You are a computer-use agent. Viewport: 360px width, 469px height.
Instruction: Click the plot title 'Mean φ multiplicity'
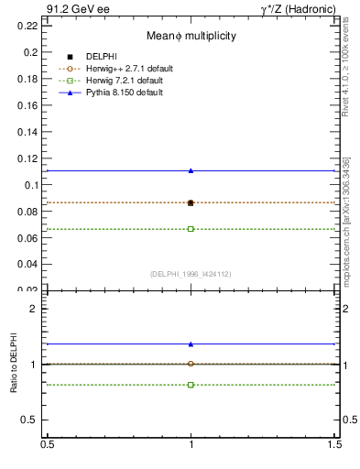[x=191, y=36]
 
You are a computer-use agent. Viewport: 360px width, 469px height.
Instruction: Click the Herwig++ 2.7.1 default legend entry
[x=128, y=68]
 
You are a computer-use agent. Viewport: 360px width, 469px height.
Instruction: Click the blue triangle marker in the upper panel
[x=191, y=170]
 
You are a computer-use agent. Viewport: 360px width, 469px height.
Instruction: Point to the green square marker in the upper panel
[x=191, y=229]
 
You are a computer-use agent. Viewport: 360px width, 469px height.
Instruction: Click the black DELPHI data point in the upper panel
[x=191, y=202]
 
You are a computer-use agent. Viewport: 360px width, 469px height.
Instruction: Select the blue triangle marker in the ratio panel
[x=191, y=344]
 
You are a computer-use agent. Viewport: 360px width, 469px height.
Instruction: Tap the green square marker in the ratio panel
[x=191, y=385]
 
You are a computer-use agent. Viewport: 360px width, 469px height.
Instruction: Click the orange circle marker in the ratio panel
[x=191, y=364]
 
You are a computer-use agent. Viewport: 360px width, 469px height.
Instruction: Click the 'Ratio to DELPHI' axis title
[x=13, y=365]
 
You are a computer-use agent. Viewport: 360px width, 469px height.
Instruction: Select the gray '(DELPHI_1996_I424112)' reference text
[x=191, y=274]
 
